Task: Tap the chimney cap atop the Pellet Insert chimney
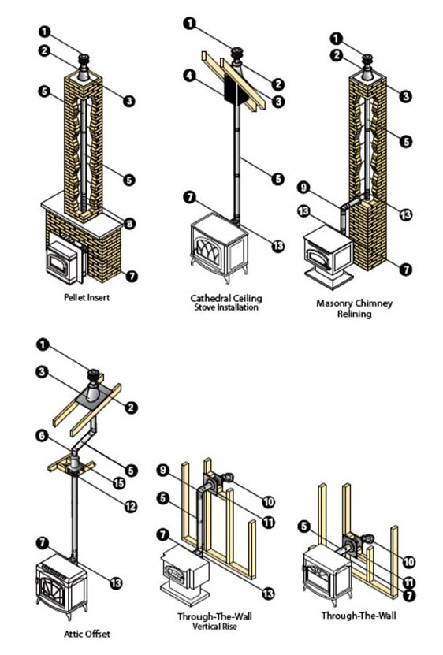[85, 62]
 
